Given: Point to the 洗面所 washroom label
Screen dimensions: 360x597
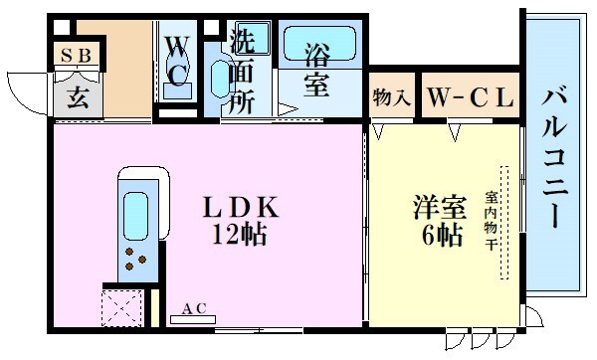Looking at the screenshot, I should (x=242, y=73).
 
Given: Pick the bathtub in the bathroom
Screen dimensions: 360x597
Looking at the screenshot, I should (x=316, y=43).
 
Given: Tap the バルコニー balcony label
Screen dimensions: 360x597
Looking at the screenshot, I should (x=556, y=154).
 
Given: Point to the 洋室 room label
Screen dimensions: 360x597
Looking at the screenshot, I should (x=439, y=208).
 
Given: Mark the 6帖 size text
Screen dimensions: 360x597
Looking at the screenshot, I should (x=439, y=236).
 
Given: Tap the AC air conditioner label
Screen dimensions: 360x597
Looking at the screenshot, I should (x=195, y=309).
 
